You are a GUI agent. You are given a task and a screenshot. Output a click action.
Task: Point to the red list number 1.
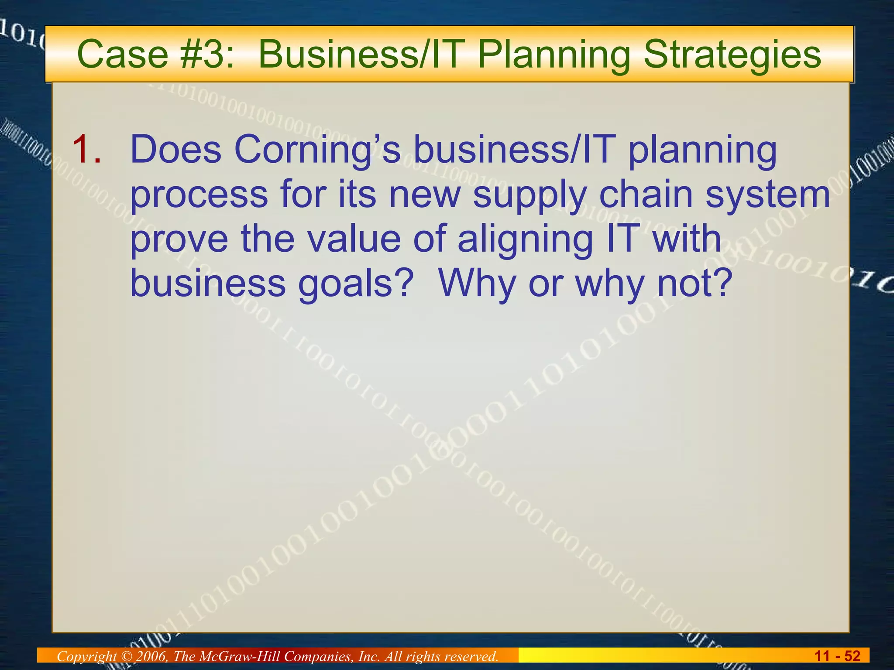[x=87, y=150]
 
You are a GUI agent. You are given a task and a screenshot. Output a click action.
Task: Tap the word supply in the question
[x=530, y=195]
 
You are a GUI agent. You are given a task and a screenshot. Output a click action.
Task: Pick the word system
[x=768, y=195]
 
